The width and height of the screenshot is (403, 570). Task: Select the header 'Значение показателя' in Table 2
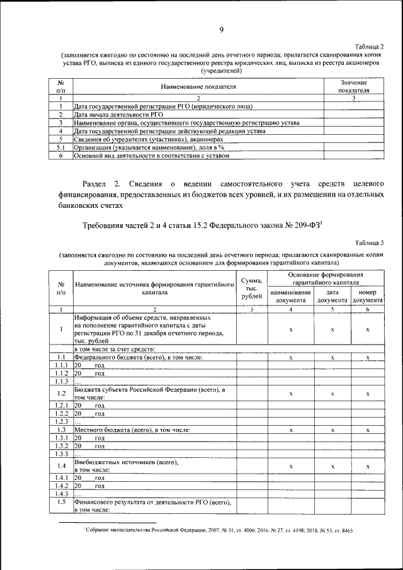coord(354,86)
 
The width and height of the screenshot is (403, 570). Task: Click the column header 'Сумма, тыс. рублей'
coord(251,288)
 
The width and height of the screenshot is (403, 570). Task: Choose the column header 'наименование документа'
coord(290,296)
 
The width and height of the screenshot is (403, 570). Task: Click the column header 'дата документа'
coord(332,296)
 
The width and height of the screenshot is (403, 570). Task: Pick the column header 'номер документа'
coord(367,296)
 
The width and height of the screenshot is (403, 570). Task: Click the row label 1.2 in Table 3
coord(61,393)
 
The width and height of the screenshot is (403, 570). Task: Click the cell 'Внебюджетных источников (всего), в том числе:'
coord(126,466)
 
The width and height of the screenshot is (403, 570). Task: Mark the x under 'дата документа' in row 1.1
coord(332,358)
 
